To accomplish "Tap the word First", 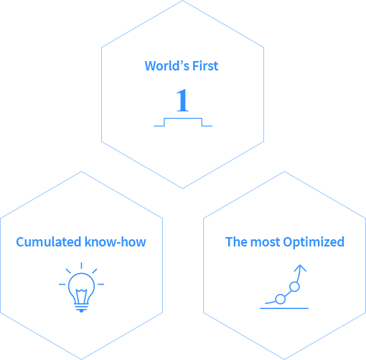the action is click(x=205, y=65).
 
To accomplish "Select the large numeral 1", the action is click(x=182, y=100).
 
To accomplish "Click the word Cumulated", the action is click(x=49, y=242).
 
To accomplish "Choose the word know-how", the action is click(x=116, y=242).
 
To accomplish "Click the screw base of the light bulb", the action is click(x=81, y=308).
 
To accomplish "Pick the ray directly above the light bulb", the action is click(x=81, y=265).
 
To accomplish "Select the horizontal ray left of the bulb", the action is click(x=62, y=285).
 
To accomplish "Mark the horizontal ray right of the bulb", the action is click(x=100, y=285).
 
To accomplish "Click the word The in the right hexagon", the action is click(x=236, y=242).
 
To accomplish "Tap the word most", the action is click(x=265, y=242).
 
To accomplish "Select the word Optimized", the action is click(x=314, y=242).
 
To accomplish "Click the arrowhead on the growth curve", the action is click(x=300, y=268).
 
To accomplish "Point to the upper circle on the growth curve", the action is click(x=294, y=282).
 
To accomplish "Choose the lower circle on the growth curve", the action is click(x=281, y=295).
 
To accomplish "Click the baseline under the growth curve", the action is click(x=284, y=308).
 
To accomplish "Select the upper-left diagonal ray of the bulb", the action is click(x=68, y=271).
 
